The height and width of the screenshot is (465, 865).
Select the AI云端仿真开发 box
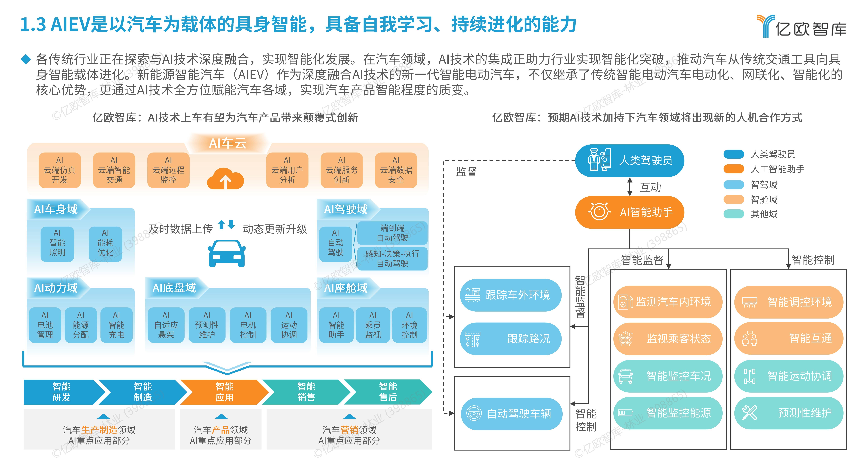click(x=60, y=170)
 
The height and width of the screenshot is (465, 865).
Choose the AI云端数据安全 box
click(x=396, y=170)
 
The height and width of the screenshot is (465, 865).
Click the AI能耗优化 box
click(x=105, y=243)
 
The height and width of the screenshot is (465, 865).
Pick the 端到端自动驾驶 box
click(x=392, y=233)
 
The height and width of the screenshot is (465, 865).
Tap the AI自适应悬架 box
click(x=166, y=325)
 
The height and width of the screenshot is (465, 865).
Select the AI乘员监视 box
click(x=373, y=325)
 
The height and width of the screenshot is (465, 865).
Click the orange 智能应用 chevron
click(x=224, y=392)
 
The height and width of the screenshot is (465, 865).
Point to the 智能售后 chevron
click(x=388, y=392)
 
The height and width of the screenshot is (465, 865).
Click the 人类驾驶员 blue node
click(x=630, y=160)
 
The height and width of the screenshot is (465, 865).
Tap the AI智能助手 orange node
click(x=630, y=212)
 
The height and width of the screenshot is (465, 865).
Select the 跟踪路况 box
click(x=510, y=338)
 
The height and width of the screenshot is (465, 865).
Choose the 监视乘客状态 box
click(x=668, y=338)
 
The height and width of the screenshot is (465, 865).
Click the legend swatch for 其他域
click(x=734, y=214)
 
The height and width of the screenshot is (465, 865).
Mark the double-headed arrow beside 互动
click(x=630, y=187)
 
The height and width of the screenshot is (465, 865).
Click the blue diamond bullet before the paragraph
click(x=26, y=59)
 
